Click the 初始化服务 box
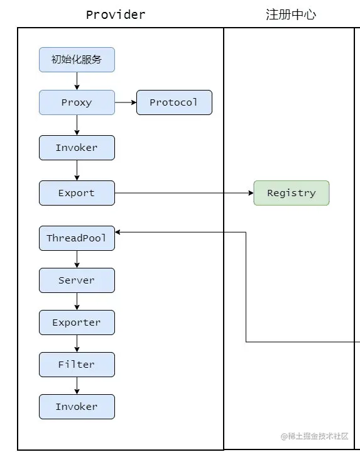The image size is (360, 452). (x=77, y=60)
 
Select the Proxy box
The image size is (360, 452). (x=77, y=102)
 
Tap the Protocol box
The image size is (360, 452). (x=174, y=102)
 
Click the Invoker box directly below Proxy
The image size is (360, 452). (x=77, y=148)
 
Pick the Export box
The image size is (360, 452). (x=77, y=193)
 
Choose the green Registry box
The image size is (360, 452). (x=292, y=193)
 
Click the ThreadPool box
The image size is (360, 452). (x=77, y=238)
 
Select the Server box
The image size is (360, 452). (x=77, y=280)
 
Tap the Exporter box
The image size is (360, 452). (x=77, y=322)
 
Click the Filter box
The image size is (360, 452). (x=77, y=365)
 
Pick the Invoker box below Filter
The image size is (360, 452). (x=77, y=407)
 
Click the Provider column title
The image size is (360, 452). (x=116, y=14)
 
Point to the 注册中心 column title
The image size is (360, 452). (x=291, y=14)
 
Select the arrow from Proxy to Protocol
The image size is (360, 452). (x=126, y=102)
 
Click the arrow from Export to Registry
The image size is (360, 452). (x=184, y=193)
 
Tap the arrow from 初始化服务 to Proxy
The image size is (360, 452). (x=77, y=81)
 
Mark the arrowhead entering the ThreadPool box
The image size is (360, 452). (x=117, y=232)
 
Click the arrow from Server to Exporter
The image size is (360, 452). (x=77, y=301)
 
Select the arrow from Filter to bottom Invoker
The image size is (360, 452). (x=77, y=385)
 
